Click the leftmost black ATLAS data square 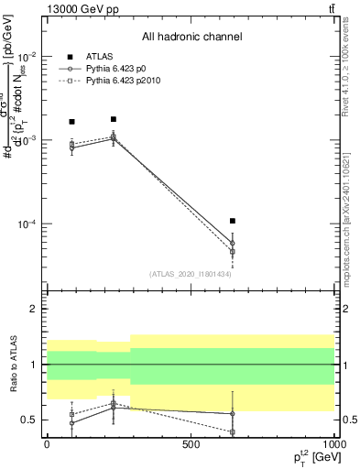[72, 122]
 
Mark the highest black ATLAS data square [114, 119]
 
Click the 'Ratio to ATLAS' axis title [11, 364]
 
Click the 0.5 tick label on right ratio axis [349, 420]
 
